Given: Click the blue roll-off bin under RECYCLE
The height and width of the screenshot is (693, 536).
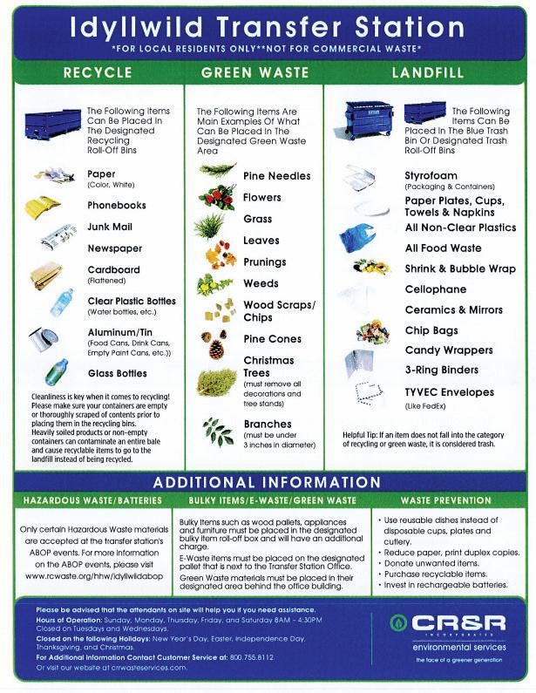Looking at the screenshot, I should (52, 124).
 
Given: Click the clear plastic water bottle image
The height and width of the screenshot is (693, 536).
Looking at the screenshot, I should (61, 302).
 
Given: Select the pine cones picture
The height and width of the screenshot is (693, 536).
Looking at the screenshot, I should (213, 343).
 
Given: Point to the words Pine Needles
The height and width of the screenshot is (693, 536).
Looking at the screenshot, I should (276, 176).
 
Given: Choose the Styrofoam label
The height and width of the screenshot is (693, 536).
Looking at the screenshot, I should (431, 175).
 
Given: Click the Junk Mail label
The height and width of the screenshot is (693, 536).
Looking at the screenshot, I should (110, 227).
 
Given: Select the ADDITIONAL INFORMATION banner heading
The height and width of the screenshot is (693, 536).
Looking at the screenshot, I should (267, 482).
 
